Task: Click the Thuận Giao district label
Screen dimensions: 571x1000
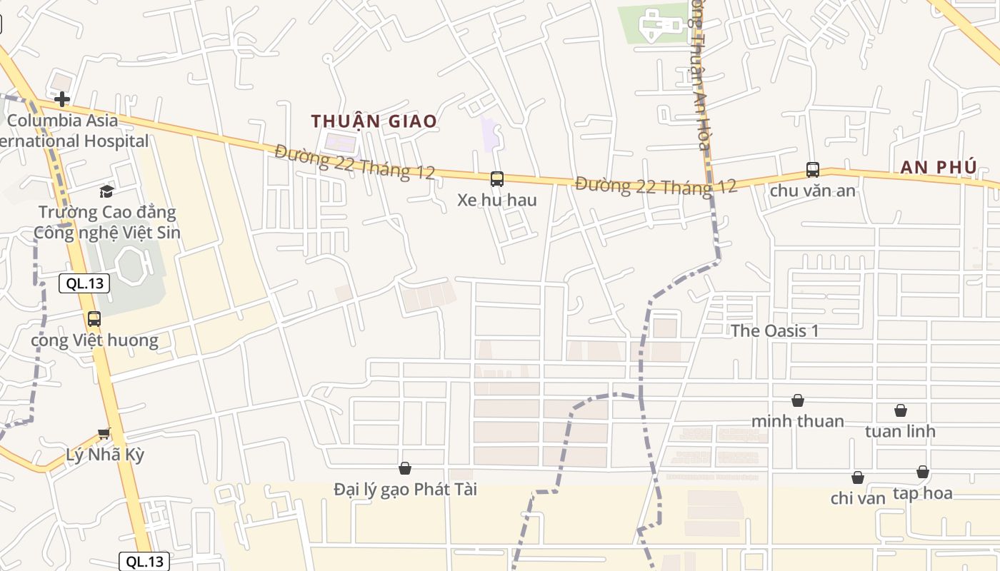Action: (374, 121)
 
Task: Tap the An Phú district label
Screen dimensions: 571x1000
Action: (939, 167)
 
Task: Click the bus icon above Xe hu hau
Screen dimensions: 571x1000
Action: (496, 179)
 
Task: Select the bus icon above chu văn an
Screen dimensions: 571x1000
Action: (812, 170)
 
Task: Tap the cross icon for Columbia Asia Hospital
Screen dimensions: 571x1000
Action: (62, 98)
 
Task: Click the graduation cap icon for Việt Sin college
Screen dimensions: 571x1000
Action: (106, 191)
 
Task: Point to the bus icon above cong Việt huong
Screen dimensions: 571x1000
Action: (94, 319)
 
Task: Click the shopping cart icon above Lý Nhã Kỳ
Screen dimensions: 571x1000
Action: (104, 433)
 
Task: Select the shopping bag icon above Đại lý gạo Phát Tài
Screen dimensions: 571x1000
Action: (405, 468)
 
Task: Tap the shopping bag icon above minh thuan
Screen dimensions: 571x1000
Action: (797, 400)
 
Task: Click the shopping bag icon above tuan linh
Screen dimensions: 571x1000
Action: (900, 410)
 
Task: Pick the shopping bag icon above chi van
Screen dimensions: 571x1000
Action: (857, 477)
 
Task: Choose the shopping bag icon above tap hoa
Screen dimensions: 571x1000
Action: (922, 472)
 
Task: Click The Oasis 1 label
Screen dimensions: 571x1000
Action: (774, 331)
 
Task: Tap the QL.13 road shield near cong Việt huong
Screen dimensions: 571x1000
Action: (85, 283)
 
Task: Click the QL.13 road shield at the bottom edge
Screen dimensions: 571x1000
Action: (144, 562)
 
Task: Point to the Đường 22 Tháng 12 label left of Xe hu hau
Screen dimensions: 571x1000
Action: (355, 162)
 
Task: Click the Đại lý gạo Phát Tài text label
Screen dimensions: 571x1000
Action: (405, 490)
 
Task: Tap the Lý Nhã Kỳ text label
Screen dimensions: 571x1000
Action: (105, 455)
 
